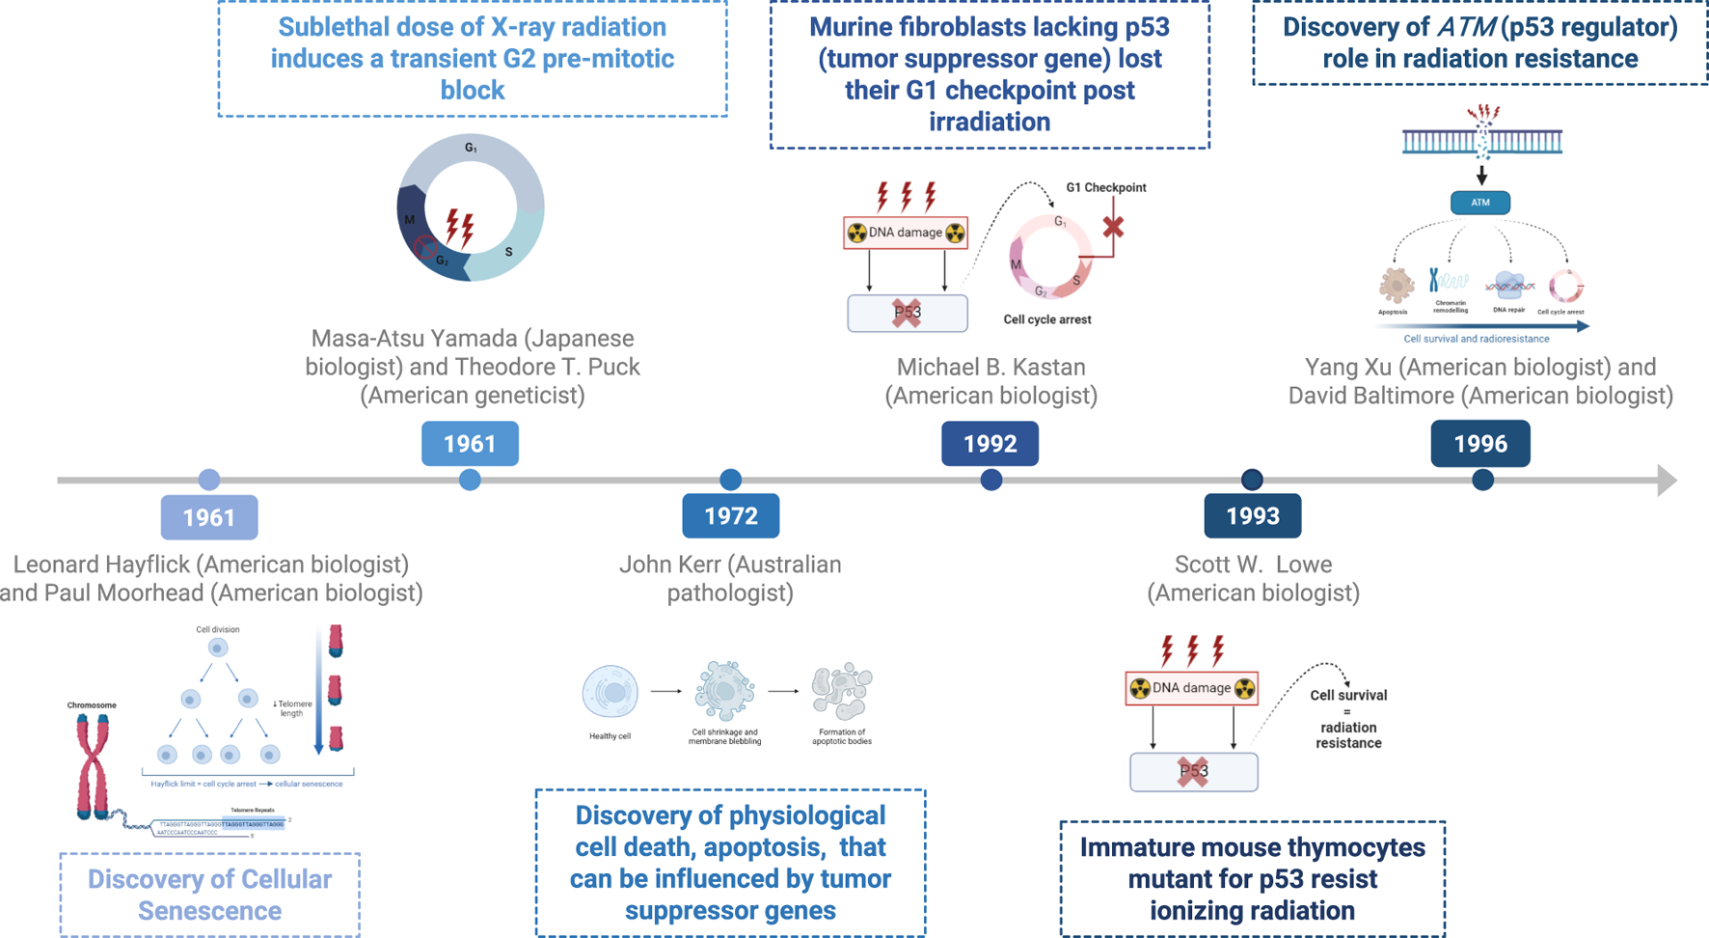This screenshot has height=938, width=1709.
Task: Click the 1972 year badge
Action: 730,516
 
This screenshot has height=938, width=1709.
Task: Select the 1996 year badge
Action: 1479,444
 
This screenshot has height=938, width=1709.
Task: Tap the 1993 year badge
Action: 1252,516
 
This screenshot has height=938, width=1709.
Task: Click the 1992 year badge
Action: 990,444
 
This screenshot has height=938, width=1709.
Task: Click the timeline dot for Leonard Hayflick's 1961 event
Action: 209,480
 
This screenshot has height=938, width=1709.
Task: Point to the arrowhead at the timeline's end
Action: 1667,480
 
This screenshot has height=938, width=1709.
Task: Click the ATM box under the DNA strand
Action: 1479,203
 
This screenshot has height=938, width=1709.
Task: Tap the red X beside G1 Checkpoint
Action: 1113,228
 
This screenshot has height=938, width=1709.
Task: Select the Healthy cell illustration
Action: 610,692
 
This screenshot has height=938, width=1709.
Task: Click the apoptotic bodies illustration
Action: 841,691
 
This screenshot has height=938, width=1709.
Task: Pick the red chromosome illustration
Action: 93,767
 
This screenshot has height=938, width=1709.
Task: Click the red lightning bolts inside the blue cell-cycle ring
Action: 460,228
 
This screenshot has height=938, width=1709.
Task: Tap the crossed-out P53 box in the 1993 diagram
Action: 1193,772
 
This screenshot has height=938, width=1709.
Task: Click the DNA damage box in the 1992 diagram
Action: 905,233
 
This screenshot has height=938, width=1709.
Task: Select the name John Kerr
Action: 674,565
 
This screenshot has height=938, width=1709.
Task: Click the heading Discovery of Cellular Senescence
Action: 209,895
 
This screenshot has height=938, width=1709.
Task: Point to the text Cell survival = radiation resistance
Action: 1347,719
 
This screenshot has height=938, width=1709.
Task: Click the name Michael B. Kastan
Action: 990,368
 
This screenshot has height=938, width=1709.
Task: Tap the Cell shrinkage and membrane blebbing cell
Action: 724,690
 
